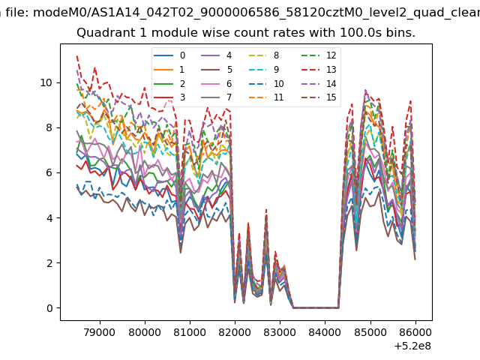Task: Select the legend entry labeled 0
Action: coord(169,55)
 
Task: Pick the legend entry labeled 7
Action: coord(217,97)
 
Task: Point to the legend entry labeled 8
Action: coord(263,55)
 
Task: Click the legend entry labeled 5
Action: coord(217,70)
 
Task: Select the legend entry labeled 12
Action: coord(319,55)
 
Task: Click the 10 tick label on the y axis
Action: coord(46,82)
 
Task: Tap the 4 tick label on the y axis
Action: coord(49,218)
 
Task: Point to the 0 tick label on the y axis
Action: coord(49,308)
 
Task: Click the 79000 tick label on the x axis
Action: coord(100,332)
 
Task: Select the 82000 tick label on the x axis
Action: coord(235,332)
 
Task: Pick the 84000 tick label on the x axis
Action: coord(325,332)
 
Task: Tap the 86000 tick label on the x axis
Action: coord(415,332)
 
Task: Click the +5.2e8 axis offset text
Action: coord(412,346)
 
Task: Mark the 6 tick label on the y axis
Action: coord(49,172)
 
